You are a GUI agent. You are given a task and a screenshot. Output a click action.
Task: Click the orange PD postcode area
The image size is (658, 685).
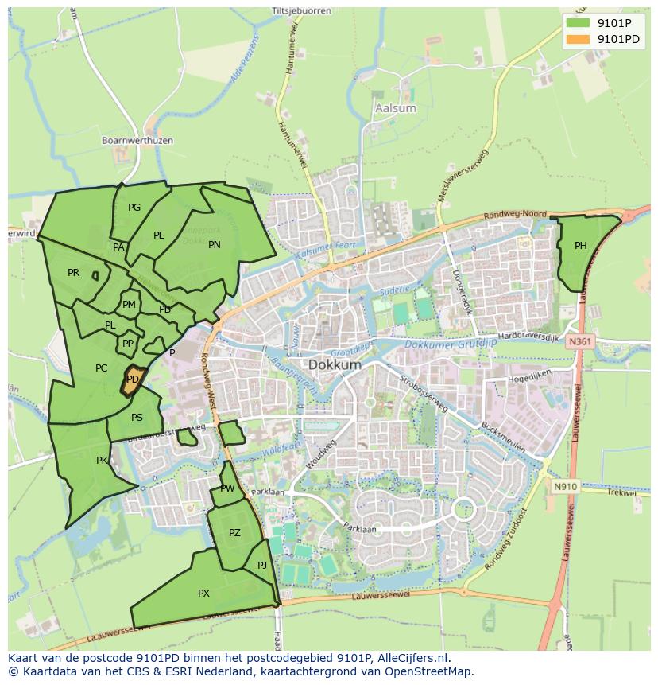(133, 380)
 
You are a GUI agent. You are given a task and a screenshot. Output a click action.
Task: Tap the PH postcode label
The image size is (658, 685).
(581, 246)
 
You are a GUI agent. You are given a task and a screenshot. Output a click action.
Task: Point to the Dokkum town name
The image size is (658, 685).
(335, 364)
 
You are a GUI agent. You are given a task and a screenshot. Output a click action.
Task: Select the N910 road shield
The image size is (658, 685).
(565, 485)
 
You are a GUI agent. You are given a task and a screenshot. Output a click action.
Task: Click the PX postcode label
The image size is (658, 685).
(204, 594)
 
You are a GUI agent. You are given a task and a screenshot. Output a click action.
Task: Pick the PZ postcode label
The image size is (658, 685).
(234, 533)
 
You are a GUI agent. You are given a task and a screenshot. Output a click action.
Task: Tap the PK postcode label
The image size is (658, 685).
(102, 461)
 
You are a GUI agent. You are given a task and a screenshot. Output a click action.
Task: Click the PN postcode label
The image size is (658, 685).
(215, 245)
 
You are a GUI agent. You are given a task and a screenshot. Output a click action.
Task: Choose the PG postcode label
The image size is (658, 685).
(134, 208)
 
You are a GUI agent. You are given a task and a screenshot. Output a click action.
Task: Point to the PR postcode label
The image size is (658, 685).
(74, 273)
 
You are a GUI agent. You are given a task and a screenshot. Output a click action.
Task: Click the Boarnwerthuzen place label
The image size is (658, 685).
(137, 141)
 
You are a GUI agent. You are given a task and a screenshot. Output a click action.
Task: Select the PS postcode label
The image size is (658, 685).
(137, 418)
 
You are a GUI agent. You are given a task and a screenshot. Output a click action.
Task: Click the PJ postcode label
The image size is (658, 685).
(262, 566)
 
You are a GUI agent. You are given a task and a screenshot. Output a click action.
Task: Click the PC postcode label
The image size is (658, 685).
(101, 368)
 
